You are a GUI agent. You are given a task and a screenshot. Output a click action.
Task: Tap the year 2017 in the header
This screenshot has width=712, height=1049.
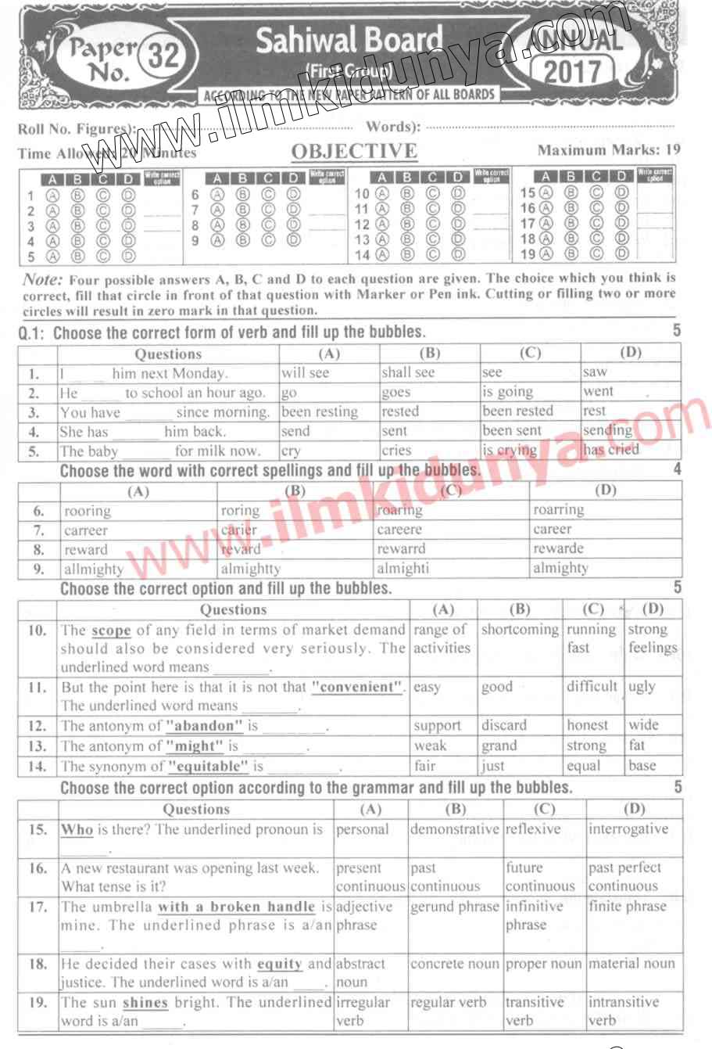(x=573, y=73)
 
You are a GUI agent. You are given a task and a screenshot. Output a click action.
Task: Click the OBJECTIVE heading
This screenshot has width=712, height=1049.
(x=354, y=151)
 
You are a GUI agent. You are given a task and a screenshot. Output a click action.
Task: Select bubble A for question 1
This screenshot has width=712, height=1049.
(x=53, y=196)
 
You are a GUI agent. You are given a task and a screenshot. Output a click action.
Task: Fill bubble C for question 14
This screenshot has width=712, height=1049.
(x=433, y=254)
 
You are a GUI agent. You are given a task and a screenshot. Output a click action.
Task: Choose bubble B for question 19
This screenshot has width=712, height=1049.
(x=571, y=252)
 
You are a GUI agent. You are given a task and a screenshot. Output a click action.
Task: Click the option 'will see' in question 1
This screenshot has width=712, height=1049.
(x=306, y=373)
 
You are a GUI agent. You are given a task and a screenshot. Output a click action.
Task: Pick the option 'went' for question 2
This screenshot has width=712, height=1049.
(x=598, y=391)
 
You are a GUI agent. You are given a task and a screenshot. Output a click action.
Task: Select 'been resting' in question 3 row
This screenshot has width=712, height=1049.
(x=320, y=411)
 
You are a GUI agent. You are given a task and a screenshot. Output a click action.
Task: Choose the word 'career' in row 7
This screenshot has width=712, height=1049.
(x=553, y=529)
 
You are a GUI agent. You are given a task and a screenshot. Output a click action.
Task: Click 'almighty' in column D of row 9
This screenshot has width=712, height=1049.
(x=560, y=568)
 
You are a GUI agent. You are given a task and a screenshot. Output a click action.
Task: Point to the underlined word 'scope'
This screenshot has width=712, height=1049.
(x=111, y=630)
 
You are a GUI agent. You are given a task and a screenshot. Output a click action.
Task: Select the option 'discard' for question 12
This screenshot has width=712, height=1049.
(x=504, y=725)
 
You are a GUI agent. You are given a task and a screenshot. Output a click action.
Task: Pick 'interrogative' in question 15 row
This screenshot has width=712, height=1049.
(x=628, y=828)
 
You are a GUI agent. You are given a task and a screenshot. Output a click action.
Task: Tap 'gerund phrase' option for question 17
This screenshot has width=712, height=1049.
(x=454, y=906)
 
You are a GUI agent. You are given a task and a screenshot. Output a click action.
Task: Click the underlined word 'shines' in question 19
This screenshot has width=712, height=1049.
(x=145, y=1002)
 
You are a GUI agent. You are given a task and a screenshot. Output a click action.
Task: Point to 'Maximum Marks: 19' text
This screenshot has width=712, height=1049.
(x=609, y=149)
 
